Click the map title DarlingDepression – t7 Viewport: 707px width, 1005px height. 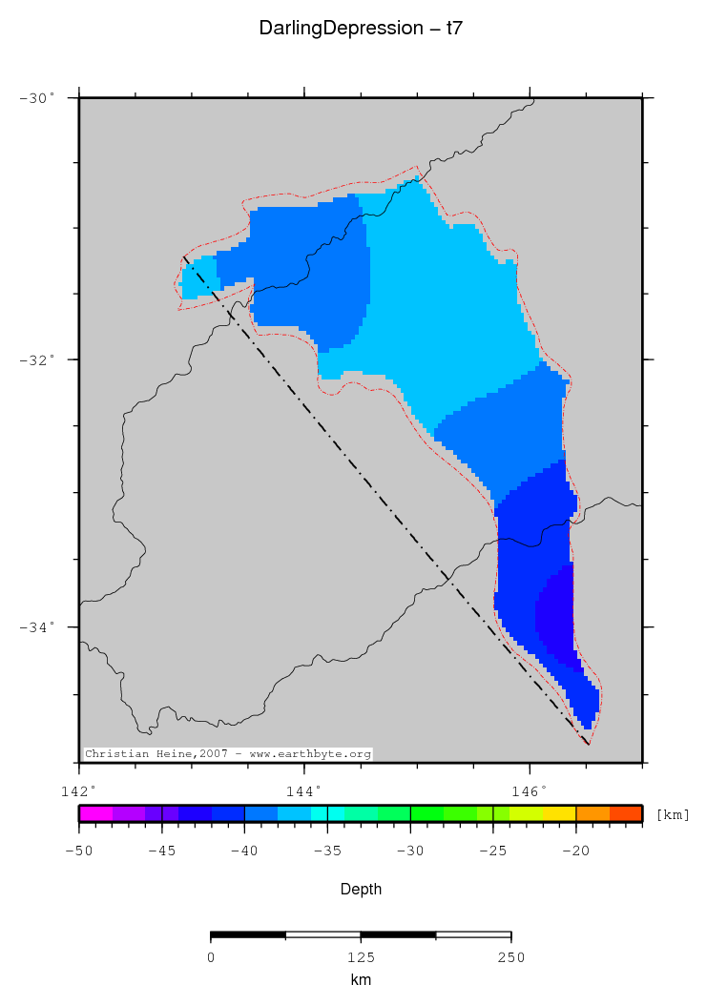tap(361, 30)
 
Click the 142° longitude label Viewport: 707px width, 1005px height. tap(78, 790)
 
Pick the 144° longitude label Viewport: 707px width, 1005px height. tap(304, 790)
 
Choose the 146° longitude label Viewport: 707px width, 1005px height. tap(530, 790)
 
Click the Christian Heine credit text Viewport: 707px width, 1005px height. tap(228, 753)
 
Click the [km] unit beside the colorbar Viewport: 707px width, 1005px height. tap(673, 814)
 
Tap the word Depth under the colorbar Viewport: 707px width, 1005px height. tap(362, 889)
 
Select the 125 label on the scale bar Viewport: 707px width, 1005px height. tap(361, 957)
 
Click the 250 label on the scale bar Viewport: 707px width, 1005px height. tap(510, 957)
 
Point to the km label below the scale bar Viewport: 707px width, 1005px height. tap(361, 979)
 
